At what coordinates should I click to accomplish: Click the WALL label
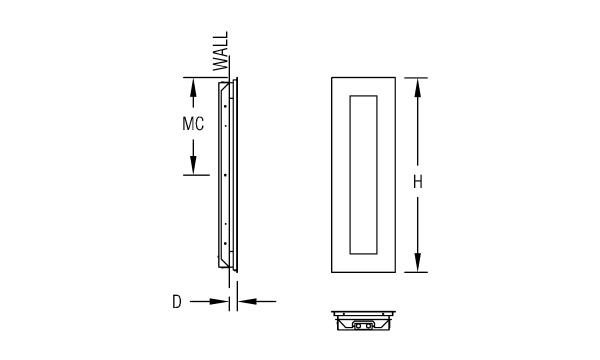click(221, 51)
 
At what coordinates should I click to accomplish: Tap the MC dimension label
click(193, 124)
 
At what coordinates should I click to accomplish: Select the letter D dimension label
click(176, 302)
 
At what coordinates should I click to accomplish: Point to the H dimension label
click(417, 182)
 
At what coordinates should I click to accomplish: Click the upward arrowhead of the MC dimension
click(193, 87)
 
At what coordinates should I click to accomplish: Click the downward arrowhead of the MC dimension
click(193, 165)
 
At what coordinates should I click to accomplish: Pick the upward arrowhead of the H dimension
click(417, 88)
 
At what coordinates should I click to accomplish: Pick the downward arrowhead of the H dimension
click(417, 262)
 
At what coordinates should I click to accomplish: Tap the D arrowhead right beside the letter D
click(219, 301)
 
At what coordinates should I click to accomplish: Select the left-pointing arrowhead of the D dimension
click(247, 301)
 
